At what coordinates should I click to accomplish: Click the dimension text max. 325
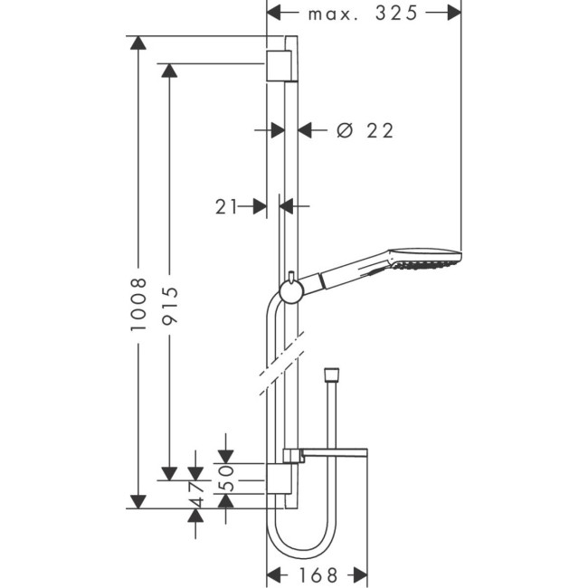364,14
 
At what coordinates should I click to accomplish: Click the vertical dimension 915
169,305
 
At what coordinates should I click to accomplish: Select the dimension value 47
194,497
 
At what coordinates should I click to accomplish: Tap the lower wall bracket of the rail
280,479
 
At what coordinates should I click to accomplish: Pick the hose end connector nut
332,375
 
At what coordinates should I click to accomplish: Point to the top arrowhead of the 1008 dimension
138,43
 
